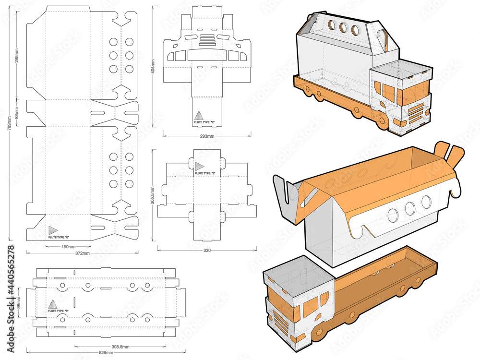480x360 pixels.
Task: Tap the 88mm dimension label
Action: pos(17,115)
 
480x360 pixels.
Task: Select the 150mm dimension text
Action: pos(69,246)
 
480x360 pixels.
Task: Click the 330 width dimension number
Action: pos(207,250)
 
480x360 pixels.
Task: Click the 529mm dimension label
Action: pos(106,353)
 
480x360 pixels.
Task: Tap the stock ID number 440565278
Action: pos(10,278)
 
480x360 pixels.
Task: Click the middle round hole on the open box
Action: pos(409,208)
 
